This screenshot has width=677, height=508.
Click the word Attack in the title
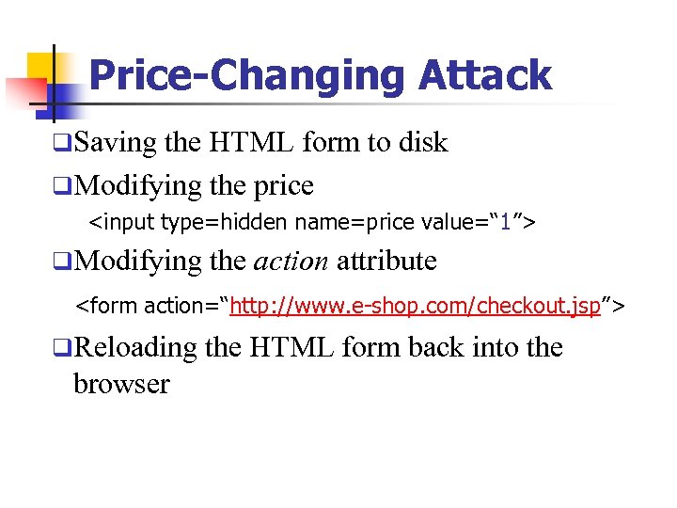point(486,75)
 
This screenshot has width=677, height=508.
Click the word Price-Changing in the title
point(249,75)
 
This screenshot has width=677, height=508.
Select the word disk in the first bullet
point(422,143)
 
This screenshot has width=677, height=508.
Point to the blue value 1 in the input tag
point(505,223)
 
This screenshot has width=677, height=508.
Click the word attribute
point(386,260)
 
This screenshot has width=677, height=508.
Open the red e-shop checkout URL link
point(415,305)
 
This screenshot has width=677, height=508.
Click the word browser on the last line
point(120,383)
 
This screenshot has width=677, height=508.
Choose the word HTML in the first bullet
point(251,143)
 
